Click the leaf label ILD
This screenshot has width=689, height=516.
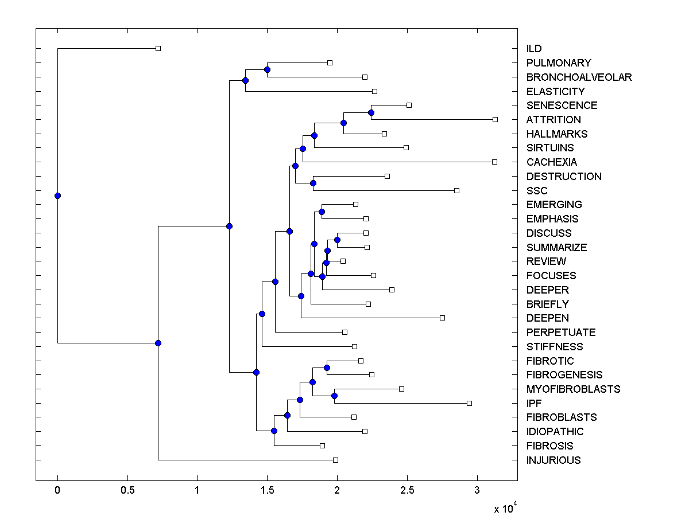tap(533, 49)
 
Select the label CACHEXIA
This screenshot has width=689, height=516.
tap(551, 162)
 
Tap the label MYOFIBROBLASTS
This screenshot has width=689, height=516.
tap(573, 389)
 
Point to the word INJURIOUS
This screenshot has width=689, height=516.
tap(553, 460)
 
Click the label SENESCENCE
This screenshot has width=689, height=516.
tap(562, 105)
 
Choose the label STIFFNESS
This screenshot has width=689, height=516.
tap(554, 347)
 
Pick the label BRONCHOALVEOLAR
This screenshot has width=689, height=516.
tap(579, 77)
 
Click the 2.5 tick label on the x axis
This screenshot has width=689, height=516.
tap(407, 491)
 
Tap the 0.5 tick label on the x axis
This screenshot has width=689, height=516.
tap(127, 491)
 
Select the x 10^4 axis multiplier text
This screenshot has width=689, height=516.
tap(505, 509)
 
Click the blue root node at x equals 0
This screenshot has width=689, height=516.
tap(57, 196)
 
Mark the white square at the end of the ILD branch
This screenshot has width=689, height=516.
tap(158, 48)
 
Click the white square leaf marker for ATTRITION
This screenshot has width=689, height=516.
tap(495, 119)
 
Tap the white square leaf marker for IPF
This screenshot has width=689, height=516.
tap(469, 403)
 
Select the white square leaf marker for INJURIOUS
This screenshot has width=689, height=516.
tap(336, 460)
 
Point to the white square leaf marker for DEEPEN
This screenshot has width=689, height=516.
tap(442, 318)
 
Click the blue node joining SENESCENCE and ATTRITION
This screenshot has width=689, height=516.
tap(371, 112)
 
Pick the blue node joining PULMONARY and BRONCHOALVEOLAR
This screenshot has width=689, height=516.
tap(267, 69)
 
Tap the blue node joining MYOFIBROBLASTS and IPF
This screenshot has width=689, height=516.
tap(334, 396)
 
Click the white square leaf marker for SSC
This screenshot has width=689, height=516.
tap(456, 190)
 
